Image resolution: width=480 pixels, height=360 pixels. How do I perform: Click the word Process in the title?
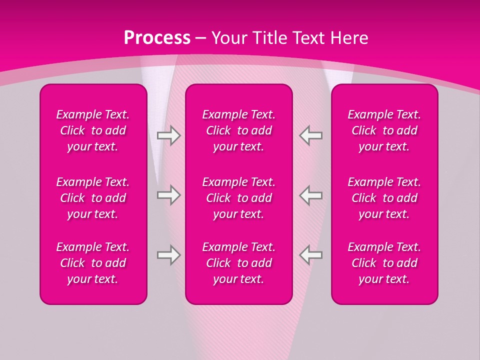157,38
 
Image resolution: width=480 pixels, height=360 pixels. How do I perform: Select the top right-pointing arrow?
169,135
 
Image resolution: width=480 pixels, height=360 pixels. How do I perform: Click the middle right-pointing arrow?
169,195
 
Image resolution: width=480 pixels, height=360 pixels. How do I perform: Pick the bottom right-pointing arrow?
169,255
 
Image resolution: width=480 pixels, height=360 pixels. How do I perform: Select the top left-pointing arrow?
310,135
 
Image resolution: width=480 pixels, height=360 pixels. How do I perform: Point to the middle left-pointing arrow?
310,195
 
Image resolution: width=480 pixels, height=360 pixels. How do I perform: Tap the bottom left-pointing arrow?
310,255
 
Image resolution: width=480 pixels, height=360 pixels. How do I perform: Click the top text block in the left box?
93,130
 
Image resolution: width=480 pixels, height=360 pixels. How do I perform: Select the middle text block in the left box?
93,198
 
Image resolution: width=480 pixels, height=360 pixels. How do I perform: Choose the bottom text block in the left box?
93,263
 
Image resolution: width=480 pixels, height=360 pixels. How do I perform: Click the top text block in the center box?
238,130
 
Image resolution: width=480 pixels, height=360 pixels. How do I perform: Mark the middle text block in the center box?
238,198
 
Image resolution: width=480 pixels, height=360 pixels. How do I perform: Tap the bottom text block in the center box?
238,263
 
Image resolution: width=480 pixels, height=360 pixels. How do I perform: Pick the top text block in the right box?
384,130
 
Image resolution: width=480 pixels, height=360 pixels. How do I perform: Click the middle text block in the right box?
384,198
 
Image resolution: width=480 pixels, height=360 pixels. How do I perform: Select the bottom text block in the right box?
384,263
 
